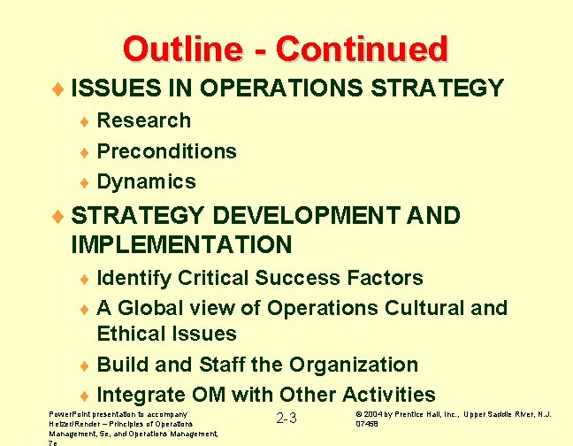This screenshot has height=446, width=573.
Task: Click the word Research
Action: pos(143,120)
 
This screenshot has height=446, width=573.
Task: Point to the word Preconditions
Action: pos(166,151)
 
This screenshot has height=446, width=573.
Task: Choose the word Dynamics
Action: pos(146,181)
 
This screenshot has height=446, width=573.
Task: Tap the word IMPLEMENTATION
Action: pos(181,244)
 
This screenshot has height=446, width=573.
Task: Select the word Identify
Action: pos(134,278)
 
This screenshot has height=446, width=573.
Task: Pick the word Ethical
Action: pos(135,334)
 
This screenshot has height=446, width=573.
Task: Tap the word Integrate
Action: pos(141,395)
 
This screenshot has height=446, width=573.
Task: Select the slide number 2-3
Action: pos(286,419)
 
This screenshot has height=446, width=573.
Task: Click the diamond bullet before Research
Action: pos(85,121)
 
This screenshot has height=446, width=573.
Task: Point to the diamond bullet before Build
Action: pos(85,365)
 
